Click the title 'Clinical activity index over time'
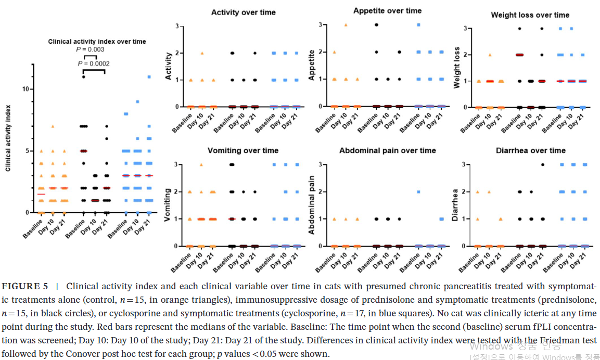point(97,41)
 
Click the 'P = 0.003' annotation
point(90,49)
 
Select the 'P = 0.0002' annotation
point(94,63)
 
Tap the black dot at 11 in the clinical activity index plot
point(83,77)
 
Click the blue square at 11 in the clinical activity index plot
point(149,77)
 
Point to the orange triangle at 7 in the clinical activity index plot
point(53,126)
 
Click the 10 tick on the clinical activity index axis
point(25,89)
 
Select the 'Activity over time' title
point(244,12)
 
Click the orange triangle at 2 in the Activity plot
point(202,53)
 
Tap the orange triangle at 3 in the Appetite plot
point(346,25)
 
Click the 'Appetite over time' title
point(387,10)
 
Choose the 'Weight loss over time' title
point(530,15)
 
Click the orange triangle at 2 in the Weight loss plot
point(490,55)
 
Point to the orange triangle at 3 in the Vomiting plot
point(202,165)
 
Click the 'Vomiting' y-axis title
point(168,205)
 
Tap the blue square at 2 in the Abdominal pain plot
point(418,192)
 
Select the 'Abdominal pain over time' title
point(387,150)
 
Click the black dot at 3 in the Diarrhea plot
point(542,165)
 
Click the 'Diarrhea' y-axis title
point(455,205)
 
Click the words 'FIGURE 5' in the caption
point(25,286)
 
